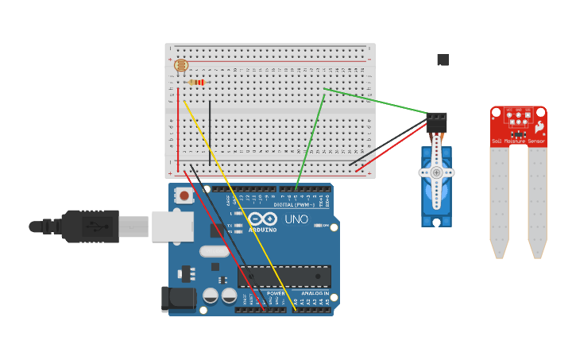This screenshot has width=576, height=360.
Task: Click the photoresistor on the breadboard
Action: [x=180, y=65]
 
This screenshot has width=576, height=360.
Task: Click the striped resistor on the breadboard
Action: [x=196, y=82]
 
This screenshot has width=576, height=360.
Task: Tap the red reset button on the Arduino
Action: [x=184, y=195]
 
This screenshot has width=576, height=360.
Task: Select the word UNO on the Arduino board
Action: [x=296, y=219]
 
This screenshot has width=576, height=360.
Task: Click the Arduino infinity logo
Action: [x=262, y=219]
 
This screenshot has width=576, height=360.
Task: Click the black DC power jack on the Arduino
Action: [x=178, y=298]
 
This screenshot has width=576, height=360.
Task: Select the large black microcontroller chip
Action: [x=284, y=276]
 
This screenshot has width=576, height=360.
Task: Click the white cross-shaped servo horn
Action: [x=436, y=173]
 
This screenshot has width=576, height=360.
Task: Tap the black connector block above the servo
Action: [x=436, y=122]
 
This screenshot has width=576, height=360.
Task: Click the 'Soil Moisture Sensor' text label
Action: [x=518, y=141]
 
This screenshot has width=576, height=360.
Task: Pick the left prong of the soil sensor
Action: [x=499, y=202]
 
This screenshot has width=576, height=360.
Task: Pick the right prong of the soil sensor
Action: [x=538, y=202]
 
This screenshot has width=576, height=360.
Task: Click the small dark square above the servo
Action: [x=443, y=60]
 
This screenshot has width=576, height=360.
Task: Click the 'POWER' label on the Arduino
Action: [x=275, y=293]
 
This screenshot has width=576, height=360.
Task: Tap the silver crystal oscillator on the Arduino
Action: [x=214, y=251]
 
